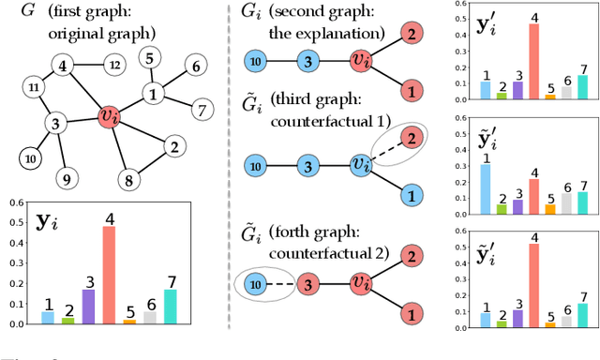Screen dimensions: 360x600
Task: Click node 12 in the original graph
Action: coord(114,65)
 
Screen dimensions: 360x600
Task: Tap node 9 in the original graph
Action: coord(65,175)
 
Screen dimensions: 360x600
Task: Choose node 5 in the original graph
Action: coord(148,59)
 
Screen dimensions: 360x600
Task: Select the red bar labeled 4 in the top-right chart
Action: coord(533,61)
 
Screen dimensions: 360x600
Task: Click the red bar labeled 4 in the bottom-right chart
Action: coord(533,285)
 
